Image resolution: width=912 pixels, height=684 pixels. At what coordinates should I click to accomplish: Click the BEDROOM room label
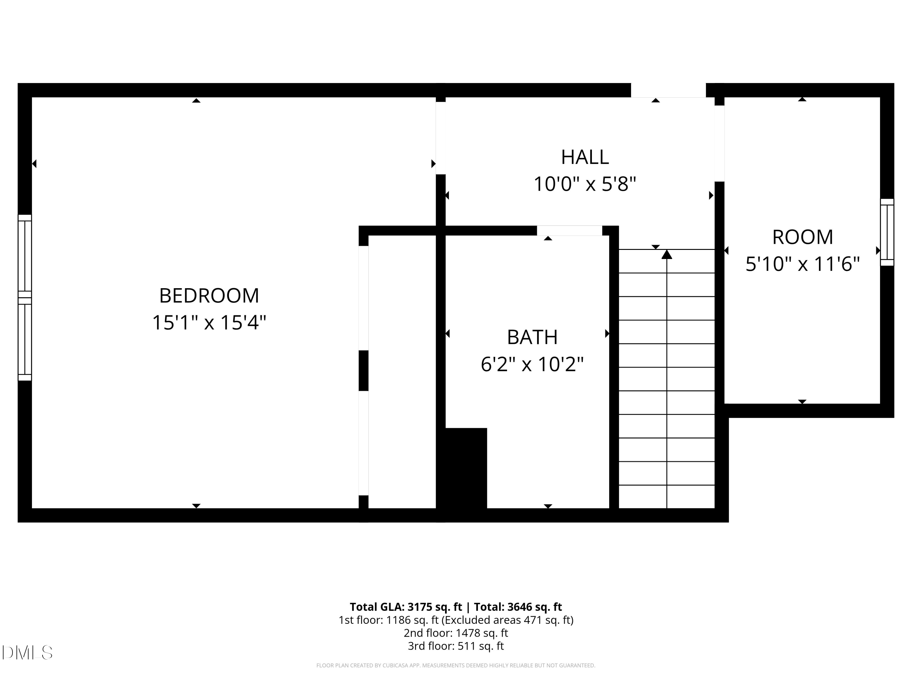coord(209,295)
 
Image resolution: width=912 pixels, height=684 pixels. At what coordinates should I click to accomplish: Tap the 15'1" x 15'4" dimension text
coord(209,323)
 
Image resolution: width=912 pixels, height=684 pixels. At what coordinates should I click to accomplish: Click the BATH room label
coord(532,337)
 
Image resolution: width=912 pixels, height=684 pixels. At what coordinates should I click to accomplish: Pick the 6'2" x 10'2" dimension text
coord(532,364)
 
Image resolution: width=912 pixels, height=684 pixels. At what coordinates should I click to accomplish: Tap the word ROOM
coord(802,237)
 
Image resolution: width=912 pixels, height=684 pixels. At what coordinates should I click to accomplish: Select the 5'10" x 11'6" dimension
coord(802,264)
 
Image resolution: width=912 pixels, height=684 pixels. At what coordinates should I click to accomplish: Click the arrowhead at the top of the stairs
coord(667,254)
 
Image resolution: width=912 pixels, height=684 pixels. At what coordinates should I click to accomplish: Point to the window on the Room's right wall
coord(887,232)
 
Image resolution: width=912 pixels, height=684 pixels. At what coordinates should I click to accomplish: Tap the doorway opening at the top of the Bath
coord(569,230)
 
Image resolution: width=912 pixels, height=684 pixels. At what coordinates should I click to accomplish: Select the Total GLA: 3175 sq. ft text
coord(406,606)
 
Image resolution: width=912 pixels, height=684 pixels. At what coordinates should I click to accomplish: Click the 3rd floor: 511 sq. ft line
coord(456,646)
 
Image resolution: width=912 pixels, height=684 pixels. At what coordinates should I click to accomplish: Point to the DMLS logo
coord(27,652)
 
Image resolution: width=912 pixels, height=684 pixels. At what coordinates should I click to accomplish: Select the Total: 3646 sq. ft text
coord(518,606)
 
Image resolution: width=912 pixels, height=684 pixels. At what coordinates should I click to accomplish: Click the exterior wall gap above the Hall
coord(668,90)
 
